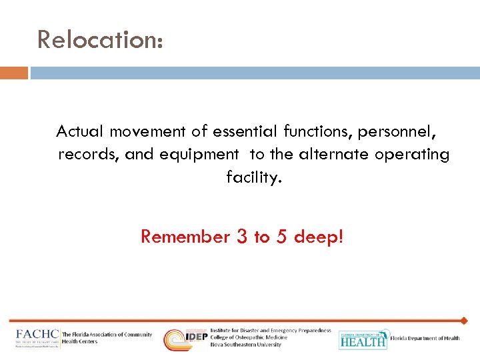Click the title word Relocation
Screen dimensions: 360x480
tap(99, 39)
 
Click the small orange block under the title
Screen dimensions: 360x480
tap(14, 73)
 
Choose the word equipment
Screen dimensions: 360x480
tap(197, 155)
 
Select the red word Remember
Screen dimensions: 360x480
tap(185, 237)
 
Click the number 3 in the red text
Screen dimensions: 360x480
tap(242, 237)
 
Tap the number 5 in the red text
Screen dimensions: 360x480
tap(282, 237)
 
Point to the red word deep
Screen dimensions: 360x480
tap(319, 237)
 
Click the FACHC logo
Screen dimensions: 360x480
tap(37, 338)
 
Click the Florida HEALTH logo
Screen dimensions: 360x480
tap(363, 339)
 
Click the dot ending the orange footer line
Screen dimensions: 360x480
tap(464, 321)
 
